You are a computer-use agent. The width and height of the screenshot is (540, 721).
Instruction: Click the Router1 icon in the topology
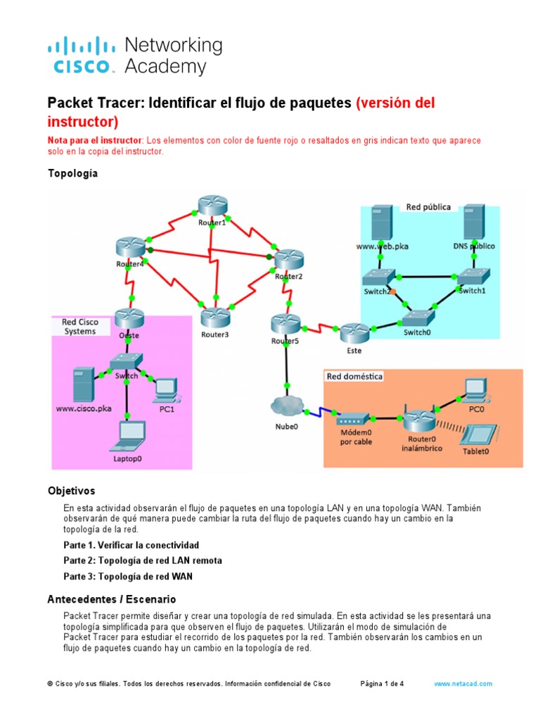click(211, 206)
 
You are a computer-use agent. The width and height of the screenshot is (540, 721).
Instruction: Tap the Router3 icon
click(215, 317)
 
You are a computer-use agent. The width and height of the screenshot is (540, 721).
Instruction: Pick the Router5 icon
click(285, 325)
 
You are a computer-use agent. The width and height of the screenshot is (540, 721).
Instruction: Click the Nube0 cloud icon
click(286, 406)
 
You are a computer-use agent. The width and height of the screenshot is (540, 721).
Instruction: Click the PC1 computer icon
click(166, 388)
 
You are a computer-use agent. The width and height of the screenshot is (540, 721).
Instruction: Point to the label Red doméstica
click(354, 377)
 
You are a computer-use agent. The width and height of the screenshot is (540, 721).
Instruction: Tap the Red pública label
click(428, 207)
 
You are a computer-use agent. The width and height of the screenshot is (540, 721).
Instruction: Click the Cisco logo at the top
click(81, 56)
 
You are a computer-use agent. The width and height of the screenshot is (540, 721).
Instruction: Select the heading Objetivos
click(71, 490)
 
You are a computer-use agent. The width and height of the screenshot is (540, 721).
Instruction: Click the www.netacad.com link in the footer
click(463, 684)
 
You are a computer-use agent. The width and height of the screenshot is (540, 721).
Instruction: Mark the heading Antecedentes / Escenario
click(112, 599)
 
